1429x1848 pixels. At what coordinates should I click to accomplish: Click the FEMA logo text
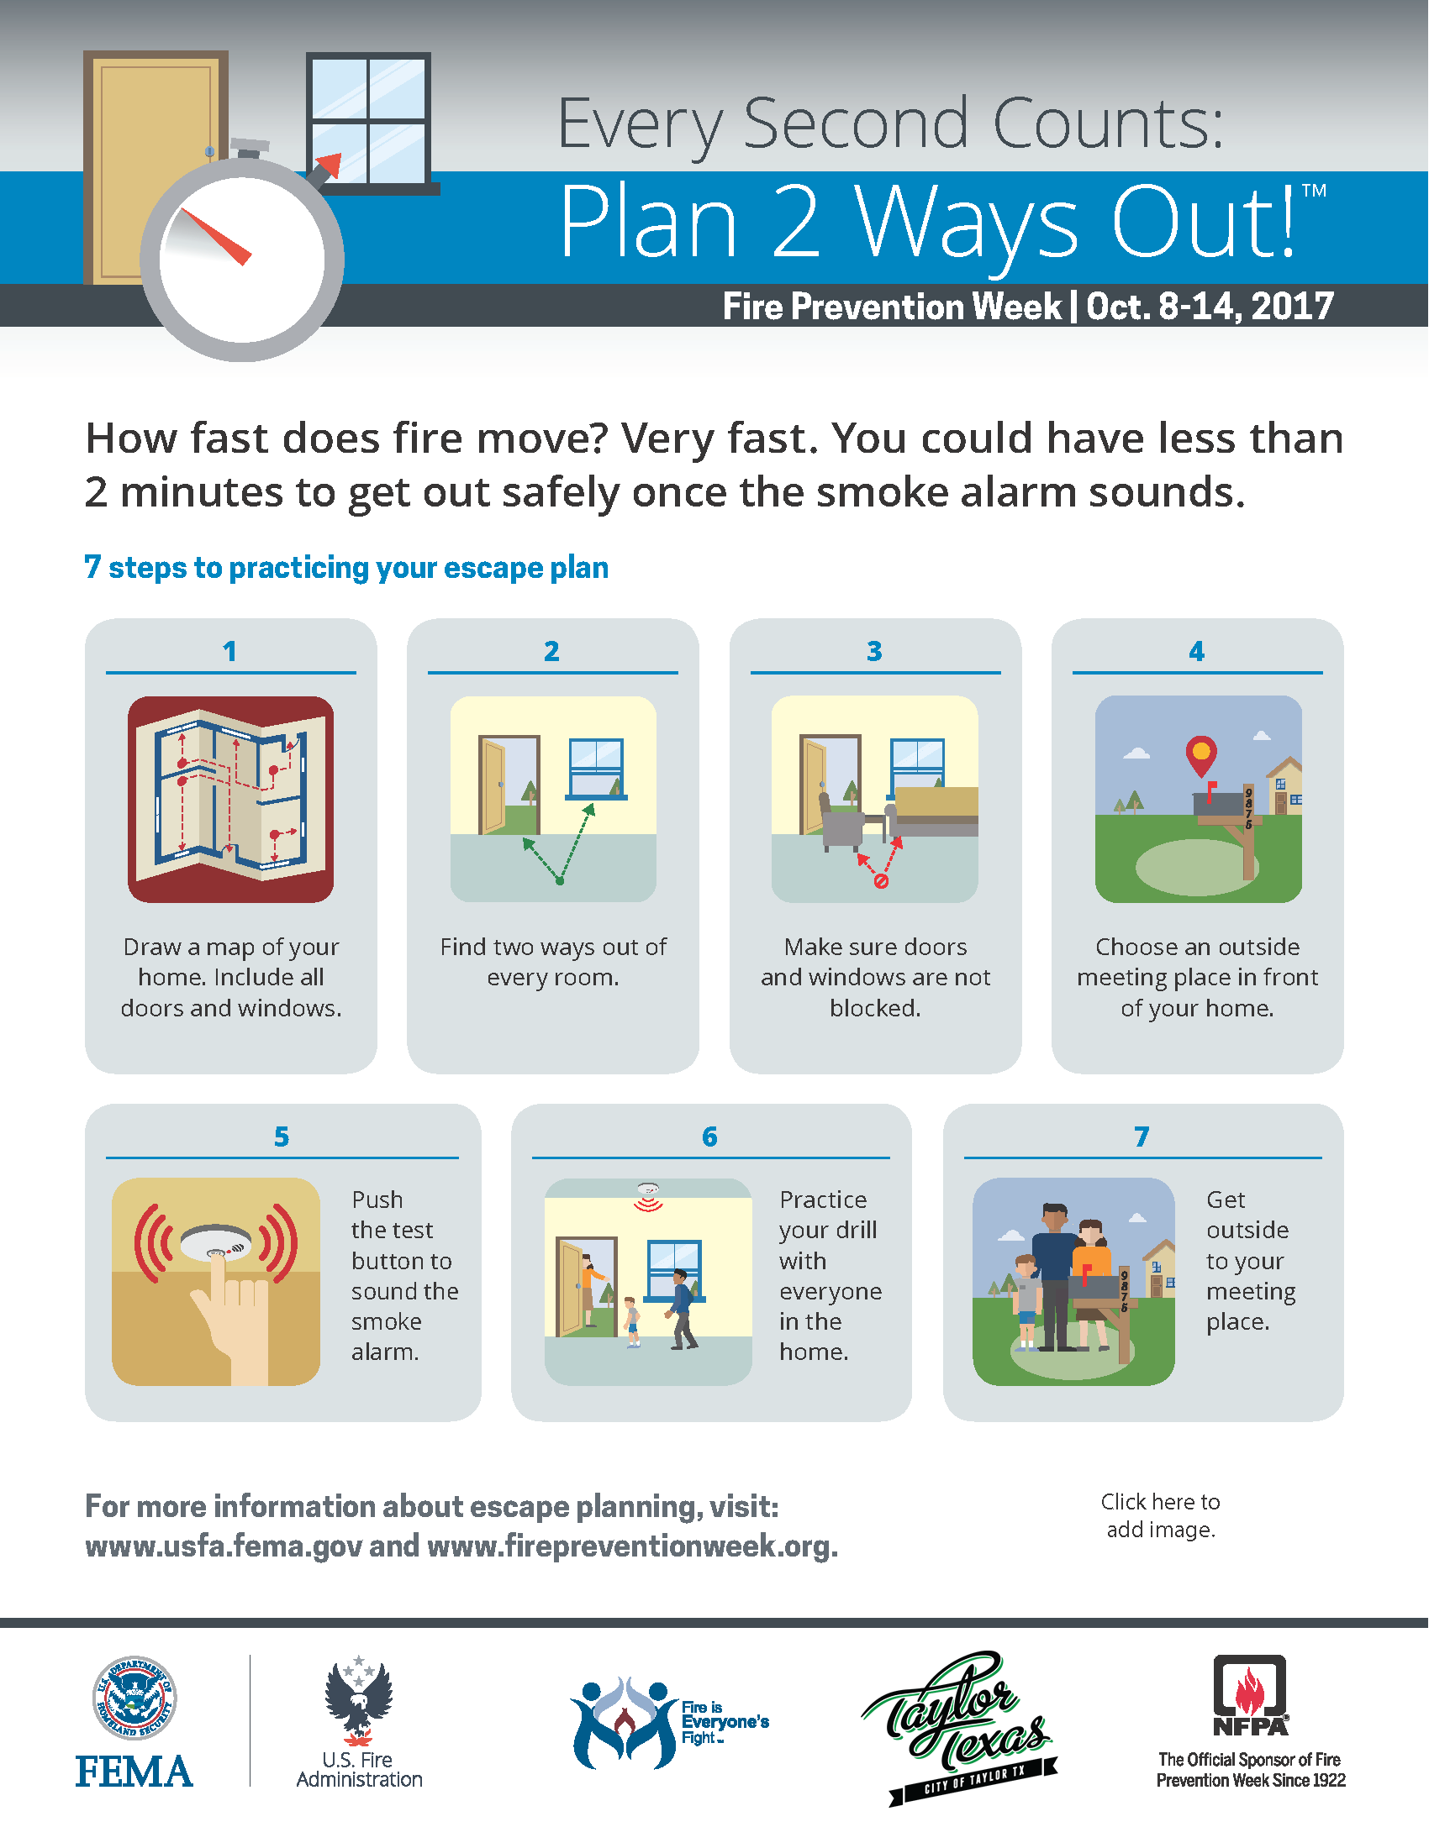(x=134, y=1771)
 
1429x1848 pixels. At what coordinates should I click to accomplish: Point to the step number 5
(x=282, y=1137)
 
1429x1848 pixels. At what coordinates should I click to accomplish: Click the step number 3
(x=874, y=651)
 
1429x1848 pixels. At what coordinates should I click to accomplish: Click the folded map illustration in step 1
(x=230, y=799)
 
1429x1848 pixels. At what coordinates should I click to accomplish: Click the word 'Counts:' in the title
(x=1108, y=123)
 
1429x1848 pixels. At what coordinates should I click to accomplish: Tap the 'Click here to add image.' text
(x=1161, y=1515)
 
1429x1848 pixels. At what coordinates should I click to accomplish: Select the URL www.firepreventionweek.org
(x=632, y=1546)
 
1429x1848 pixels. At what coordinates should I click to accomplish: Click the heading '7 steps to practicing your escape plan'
(x=346, y=568)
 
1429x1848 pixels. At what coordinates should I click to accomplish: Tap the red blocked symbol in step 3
(x=880, y=882)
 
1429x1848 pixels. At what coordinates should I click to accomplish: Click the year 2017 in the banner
(x=1292, y=307)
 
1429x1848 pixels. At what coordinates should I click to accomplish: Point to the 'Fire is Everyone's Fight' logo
(x=669, y=1723)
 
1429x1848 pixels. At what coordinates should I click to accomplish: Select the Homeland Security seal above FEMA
(x=134, y=1698)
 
